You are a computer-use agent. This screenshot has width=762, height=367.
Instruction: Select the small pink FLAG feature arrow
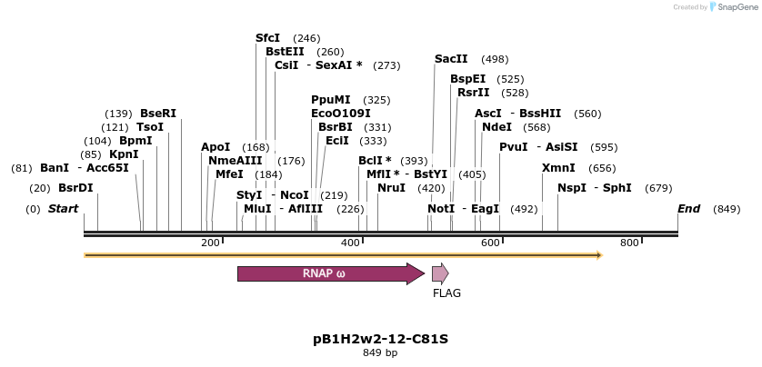(440, 273)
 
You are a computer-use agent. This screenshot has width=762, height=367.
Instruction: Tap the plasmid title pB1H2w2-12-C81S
(380, 339)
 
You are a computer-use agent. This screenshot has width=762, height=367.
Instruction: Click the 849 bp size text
(380, 352)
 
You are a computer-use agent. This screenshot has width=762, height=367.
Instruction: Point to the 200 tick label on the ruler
(210, 243)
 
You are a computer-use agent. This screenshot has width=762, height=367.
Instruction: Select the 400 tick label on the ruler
(350, 243)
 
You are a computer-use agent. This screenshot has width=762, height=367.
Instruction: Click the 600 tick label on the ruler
(490, 243)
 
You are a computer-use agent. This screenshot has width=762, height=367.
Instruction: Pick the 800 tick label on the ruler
(629, 243)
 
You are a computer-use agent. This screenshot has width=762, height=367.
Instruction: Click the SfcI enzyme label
(268, 38)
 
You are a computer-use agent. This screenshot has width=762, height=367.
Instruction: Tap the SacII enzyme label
(451, 59)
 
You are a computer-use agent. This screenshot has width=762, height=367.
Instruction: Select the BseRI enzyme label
(158, 114)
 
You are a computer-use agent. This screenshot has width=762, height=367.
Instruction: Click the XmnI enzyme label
(558, 168)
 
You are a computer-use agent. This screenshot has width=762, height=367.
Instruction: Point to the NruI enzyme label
(391, 188)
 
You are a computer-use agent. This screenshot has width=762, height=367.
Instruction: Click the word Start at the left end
(63, 209)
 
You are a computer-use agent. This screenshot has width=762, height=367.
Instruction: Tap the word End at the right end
(688, 209)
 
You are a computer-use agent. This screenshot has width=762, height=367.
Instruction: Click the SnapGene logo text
(737, 7)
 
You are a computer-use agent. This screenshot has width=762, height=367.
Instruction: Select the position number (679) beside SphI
(658, 188)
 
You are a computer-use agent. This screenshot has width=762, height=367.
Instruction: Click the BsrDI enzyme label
(75, 188)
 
